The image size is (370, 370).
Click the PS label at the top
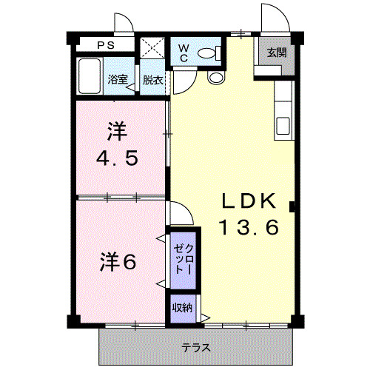click(x=106, y=44)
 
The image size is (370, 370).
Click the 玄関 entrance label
click(x=276, y=53)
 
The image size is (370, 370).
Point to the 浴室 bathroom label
click(x=116, y=80)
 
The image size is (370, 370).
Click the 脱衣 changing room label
click(x=152, y=80)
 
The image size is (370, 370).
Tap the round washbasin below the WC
click(x=216, y=77)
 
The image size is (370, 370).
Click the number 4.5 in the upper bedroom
click(x=118, y=158)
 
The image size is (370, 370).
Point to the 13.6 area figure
click(x=249, y=228)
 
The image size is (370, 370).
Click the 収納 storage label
click(x=181, y=308)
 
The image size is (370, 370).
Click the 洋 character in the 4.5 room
click(x=117, y=133)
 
